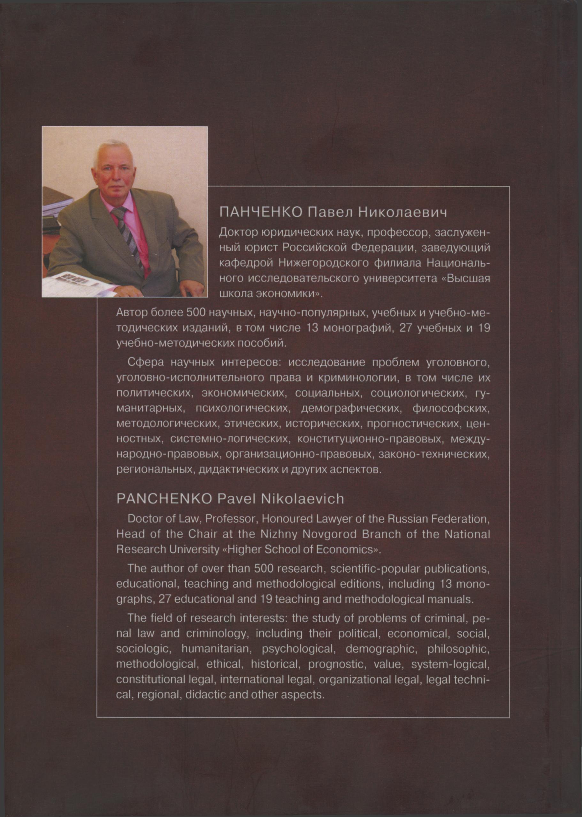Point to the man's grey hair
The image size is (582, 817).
pyautogui.click(x=109, y=150)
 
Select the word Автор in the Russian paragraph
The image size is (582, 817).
pyautogui.click(x=132, y=313)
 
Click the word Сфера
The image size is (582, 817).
pyautogui.click(x=145, y=362)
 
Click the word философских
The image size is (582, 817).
pyautogui.click(x=450, y=408)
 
